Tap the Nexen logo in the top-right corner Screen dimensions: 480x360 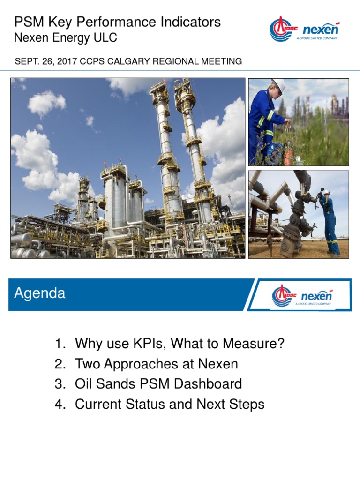305,30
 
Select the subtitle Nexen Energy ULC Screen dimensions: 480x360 66,38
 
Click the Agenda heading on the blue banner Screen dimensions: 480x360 40,293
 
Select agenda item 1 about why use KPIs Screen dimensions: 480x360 170,344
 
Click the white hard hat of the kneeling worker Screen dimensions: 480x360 278,84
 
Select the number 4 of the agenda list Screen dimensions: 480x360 59,404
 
